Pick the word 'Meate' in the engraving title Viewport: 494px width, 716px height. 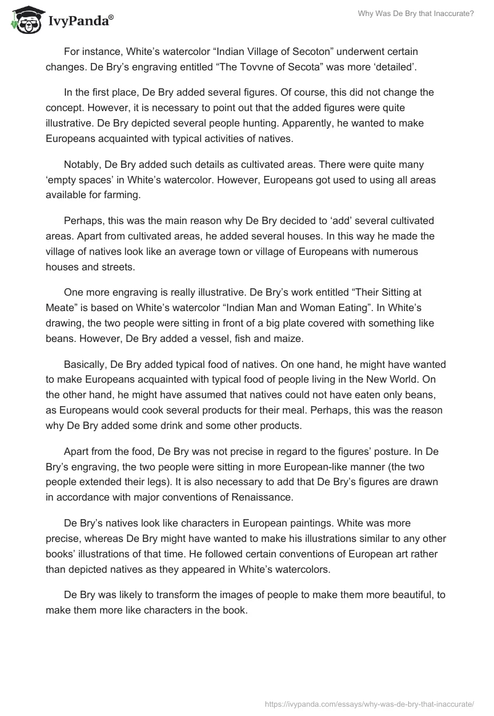point(60,307)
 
